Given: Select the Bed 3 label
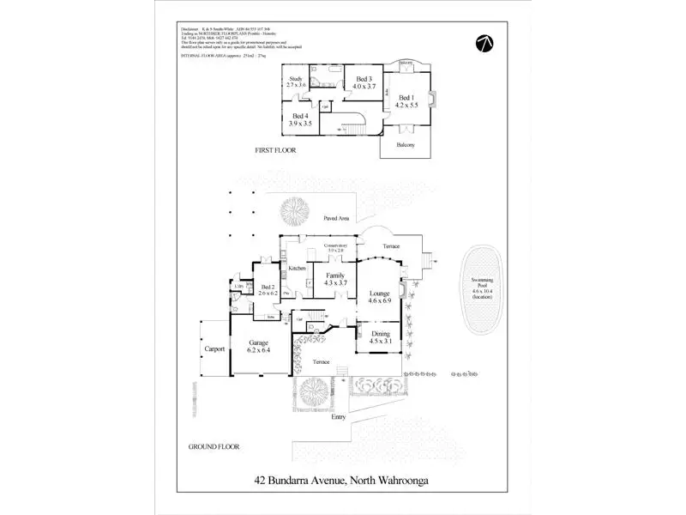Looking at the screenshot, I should pyautogui.click(x=364, y=83).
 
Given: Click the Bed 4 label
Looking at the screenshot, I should pyautogui.click(x=300, y=118).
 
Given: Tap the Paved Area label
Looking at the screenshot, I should pyautogui.click(x=334, y=219).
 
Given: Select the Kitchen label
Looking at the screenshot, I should pyautogui.click(x=298, y=269).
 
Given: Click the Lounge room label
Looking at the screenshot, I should pyautogui.click(x=379, y=297).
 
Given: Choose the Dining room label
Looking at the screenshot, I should pyautogui.click(x=379, y=337).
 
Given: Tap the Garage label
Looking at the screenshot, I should pyautogui.click(x=259, y=346).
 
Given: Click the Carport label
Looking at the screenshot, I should pyautogui.click(x=214, y=349).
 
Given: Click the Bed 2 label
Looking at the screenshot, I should pyautogui.click(x=267, y=289).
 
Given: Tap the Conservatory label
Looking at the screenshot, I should pyautogui.click(x=334, y=248).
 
